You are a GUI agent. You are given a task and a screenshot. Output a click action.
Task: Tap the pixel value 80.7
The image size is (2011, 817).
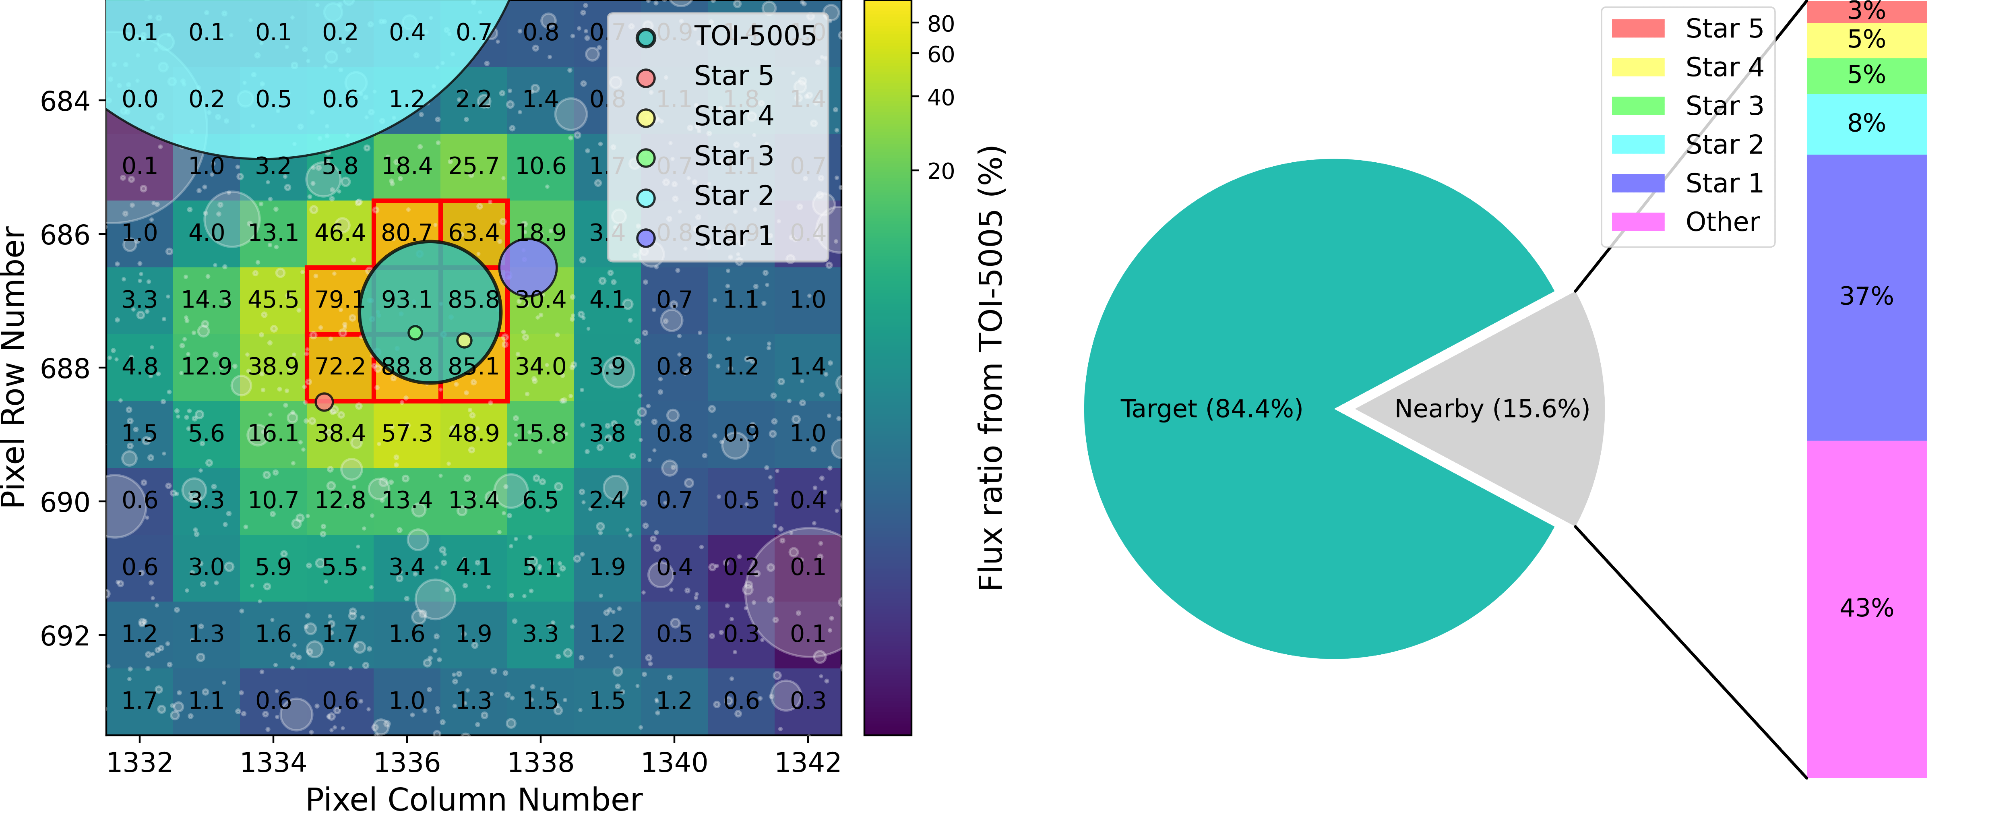(x=407, y=233)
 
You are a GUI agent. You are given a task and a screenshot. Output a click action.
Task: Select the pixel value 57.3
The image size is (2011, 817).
(x=407, y=434)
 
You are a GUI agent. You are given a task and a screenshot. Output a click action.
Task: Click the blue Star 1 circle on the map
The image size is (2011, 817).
(x=528, y=267)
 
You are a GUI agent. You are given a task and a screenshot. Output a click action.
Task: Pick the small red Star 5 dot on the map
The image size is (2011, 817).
(x=324, y=402)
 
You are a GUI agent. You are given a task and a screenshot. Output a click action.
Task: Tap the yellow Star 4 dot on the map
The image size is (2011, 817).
(x=465, y=341)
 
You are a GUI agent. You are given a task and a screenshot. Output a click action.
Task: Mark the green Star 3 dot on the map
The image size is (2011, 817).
(x=415, y=333)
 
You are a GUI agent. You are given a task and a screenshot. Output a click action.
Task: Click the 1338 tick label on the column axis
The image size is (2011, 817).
(x=540, y=762)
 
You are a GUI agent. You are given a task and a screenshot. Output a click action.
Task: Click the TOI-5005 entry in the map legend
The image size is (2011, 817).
(x=754, y=36)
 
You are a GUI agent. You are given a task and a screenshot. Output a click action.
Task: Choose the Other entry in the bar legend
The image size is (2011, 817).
(x=1722, y=222)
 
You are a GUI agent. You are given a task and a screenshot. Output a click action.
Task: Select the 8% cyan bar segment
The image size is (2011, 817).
(x=1866, y=123)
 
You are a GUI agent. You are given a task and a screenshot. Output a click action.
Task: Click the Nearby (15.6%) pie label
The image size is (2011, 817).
(x=1492, y=408)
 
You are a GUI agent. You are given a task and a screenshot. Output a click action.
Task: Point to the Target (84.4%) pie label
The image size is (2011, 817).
(x=1211, y=408)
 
